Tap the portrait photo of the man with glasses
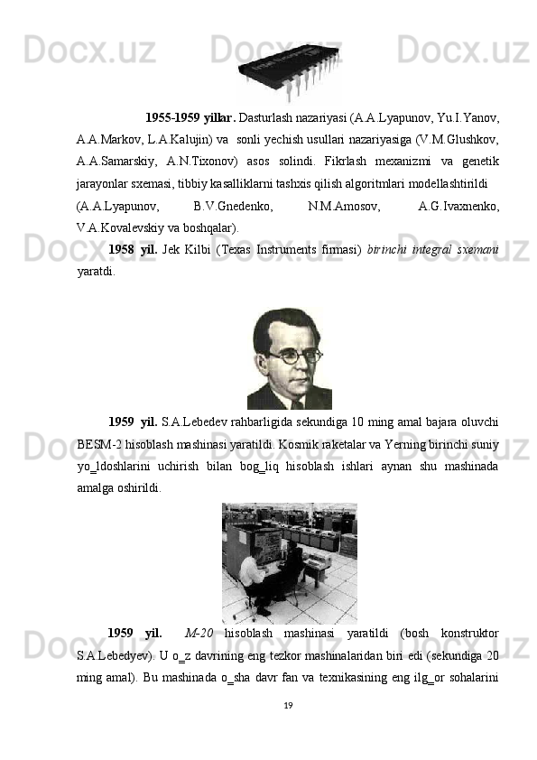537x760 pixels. [x=289, y=358]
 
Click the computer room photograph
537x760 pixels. [x=289, y=563]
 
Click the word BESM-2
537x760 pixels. [x=97, y=447]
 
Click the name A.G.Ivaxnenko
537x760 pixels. [x=460, y=208]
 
